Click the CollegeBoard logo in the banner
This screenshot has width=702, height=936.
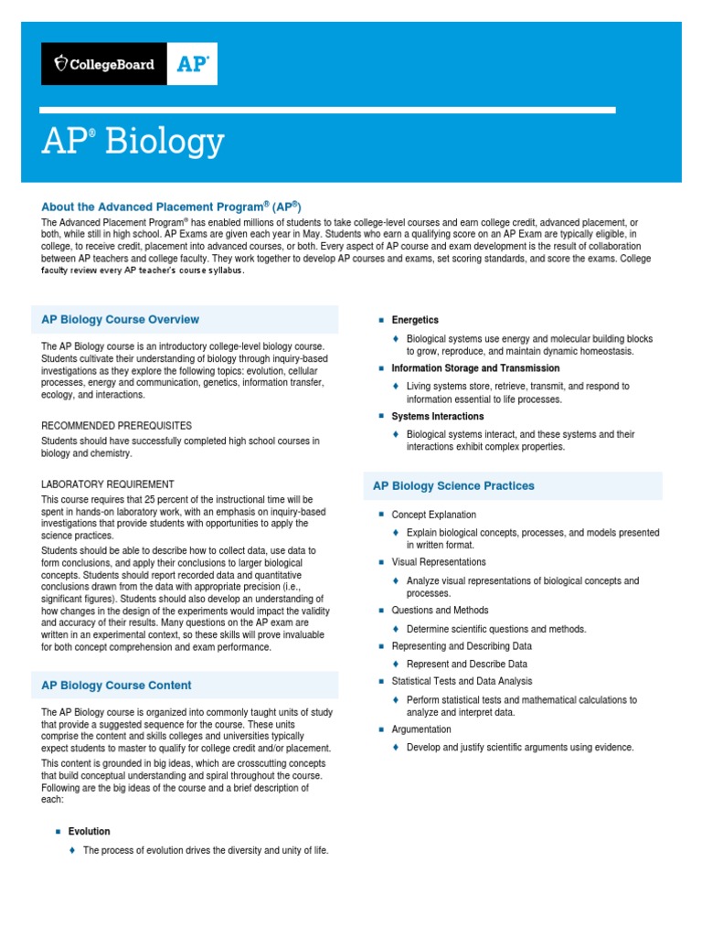coord(104,64)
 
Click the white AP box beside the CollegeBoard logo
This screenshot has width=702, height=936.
coord(192,64)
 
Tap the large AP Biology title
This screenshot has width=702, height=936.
coord(133,143)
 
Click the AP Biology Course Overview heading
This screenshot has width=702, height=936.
coord(120,319)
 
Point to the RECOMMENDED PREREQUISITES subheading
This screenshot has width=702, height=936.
coord(117,425)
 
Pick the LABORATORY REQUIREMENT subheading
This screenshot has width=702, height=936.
coord(108,484)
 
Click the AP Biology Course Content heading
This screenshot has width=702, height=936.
coord(116,685)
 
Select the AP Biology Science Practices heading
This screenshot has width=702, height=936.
coord(453,485)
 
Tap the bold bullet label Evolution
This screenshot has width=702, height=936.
coord(89,831)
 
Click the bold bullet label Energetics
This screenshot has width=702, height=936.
coord(415,320)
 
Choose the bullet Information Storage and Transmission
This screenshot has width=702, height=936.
coord(475,367)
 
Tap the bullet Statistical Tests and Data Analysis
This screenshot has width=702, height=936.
coord(462,681)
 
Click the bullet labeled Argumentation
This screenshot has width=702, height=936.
coord(421,729)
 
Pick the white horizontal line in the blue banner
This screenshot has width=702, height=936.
coord(328,110)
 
